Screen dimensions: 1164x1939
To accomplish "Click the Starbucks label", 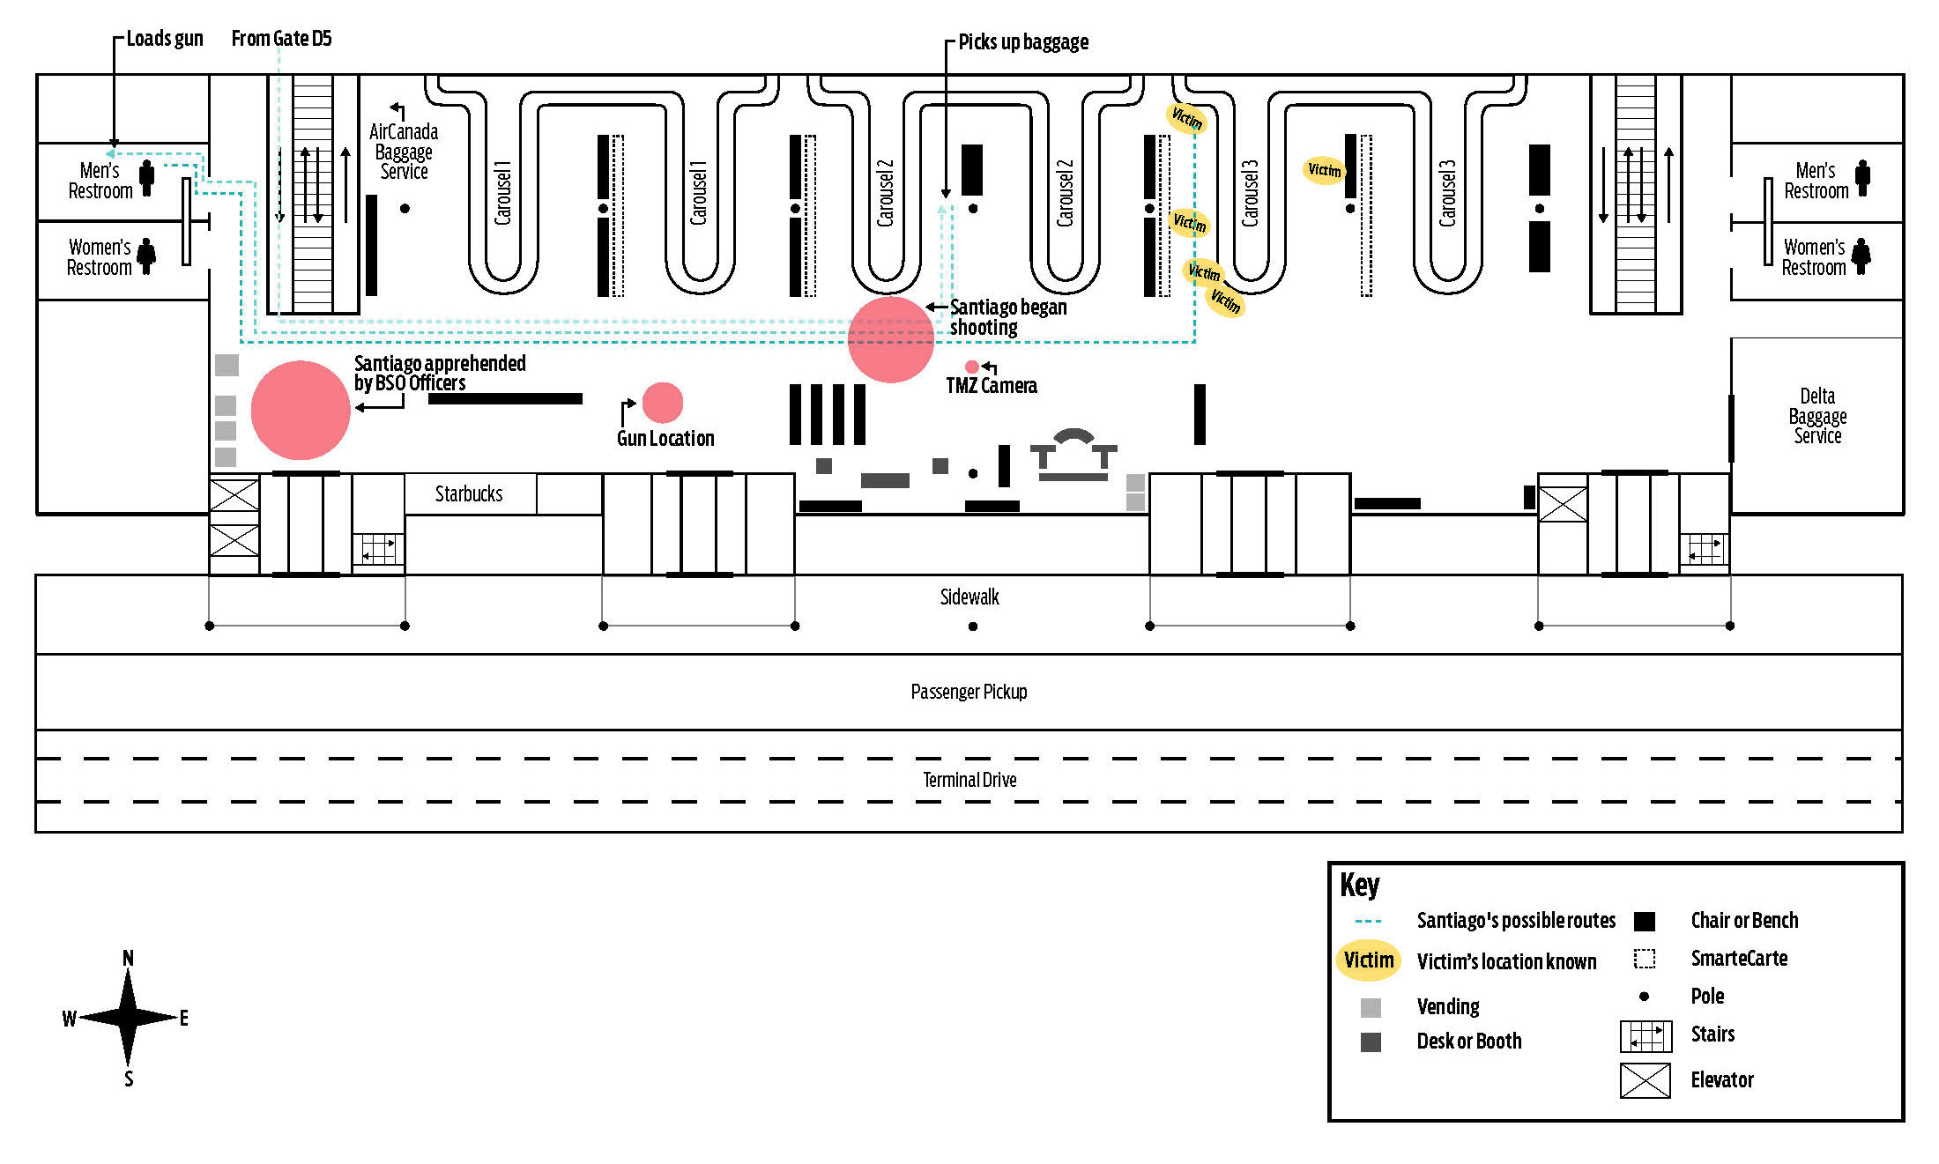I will click(468, 494).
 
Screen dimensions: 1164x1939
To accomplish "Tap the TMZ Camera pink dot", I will click(971, 367).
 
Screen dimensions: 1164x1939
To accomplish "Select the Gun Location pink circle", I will click(663, 403).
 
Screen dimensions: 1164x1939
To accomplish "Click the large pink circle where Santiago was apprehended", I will click(301, 410).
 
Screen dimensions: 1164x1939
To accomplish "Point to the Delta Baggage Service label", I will click(1817, 416).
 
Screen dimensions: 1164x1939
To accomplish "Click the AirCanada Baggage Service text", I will click(404, 152).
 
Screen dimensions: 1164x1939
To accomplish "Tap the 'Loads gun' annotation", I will click(165, 39).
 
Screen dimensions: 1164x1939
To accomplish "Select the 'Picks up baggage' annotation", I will click(1023, 42).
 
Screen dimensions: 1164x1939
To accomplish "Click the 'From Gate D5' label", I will click(281, 39).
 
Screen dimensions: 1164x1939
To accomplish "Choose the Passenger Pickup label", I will click(969, 692).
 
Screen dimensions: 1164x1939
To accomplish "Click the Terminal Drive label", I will click(969, 780).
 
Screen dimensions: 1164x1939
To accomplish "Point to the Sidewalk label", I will click(969, 597).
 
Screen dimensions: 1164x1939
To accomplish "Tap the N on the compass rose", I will click(129, 958).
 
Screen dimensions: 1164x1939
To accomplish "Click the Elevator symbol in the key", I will click(1645, 1080).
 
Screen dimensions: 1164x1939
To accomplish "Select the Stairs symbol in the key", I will click(1646, 1036).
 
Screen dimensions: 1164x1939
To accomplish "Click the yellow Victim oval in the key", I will click(1369, 960).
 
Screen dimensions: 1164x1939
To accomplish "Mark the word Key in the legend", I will click(1359, 885).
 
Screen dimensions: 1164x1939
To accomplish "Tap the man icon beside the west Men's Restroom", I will click(147, 179).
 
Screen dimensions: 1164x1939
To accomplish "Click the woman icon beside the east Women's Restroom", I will click(1861, 256).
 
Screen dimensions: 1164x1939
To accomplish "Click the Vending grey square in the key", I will click(1371, 1007).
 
